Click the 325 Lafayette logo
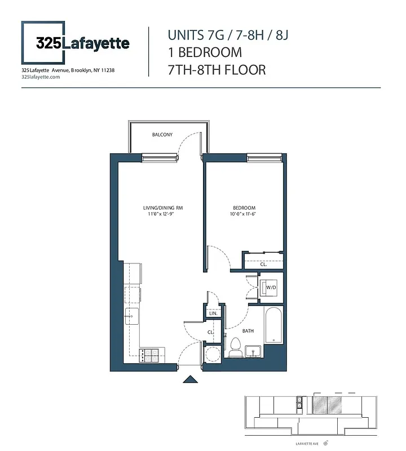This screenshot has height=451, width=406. tap(76, 43)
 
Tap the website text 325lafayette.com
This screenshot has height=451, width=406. tap(40, 77)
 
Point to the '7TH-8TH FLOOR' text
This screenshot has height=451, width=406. tap(217, 70)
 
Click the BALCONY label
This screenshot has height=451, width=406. tap(162, 135)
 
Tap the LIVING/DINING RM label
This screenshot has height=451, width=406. tap(162, 208)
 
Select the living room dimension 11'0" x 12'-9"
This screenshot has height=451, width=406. tap(162, 214)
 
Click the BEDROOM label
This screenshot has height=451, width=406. tap(244, 208)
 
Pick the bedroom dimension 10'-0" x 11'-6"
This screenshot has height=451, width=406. tap(244, 214)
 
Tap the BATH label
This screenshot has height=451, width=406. tap(248, 331)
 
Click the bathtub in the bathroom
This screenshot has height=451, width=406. tap(273, 326)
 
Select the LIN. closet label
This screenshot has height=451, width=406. tap(213, 313)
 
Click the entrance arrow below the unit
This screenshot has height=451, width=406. tap(191, 379)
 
